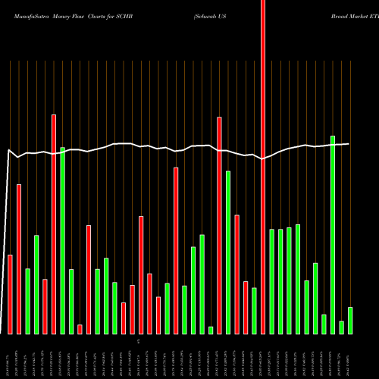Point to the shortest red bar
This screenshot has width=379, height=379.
(80, 329)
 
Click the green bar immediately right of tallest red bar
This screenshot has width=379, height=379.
(272, 281)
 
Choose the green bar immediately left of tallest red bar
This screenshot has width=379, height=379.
(255, 311)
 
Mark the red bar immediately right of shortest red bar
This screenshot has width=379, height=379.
(89, 280)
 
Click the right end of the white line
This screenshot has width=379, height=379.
(349, 144)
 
